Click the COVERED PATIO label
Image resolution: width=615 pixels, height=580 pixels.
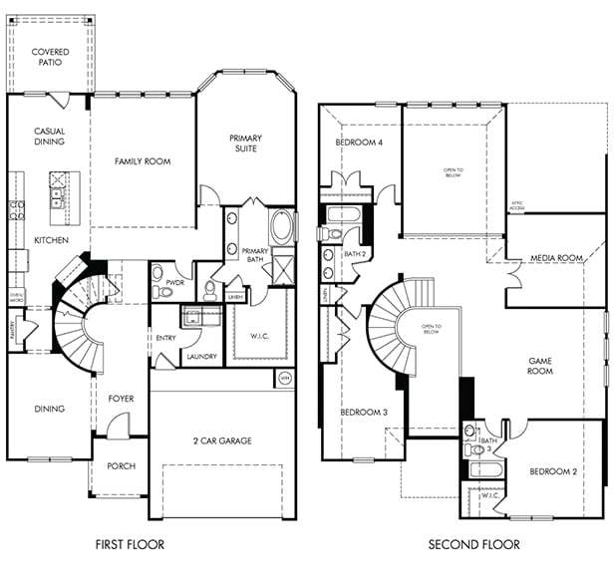coord(50,57)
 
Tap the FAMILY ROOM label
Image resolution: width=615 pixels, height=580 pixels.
coord(143,160)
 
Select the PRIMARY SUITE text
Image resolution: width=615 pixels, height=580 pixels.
coord(244,143)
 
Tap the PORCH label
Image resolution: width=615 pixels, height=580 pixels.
coord(121,466)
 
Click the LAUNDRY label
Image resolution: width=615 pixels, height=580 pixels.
coord(201,355)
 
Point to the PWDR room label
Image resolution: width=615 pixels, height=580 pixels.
coord(162,282)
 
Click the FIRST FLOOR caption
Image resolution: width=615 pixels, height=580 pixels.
coord(129,544)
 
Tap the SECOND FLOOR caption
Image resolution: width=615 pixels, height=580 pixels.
coord(473,544)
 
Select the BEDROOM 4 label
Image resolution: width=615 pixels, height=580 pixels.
coord(359,143)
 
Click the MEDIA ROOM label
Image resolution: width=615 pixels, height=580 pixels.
coord(556,258)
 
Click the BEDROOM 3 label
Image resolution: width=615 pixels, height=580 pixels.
coord(363,413)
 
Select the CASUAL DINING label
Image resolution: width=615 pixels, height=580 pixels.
coord(50,137)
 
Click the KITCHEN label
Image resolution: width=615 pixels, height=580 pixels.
coord(50,240)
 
